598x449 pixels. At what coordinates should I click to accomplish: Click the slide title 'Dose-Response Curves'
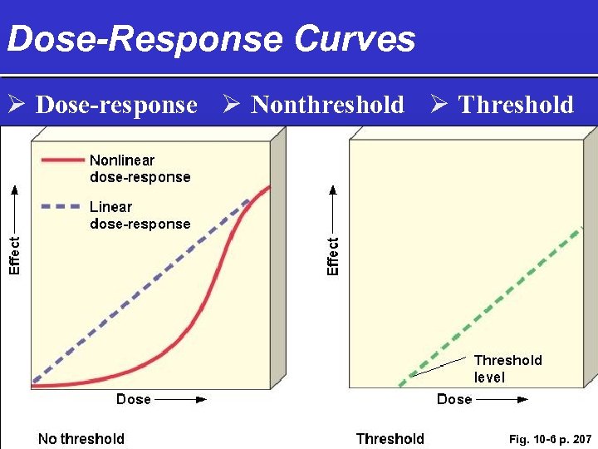211,39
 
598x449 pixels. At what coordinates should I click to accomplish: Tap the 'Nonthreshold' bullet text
327,105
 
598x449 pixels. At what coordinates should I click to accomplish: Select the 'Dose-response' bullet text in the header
117,105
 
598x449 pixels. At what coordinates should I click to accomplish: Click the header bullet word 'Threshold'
516,105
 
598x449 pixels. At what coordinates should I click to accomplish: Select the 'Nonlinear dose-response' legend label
140,169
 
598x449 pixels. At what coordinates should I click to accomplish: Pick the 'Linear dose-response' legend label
140,215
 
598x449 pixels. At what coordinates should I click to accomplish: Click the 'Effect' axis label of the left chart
14,254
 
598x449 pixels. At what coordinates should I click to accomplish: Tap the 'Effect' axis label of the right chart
333,256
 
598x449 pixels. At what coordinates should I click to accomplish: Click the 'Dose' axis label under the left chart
134,399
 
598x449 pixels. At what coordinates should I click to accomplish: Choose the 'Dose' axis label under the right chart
454,399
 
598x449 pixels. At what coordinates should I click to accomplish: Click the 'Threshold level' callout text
507,368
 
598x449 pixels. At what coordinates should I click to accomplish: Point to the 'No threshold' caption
81,439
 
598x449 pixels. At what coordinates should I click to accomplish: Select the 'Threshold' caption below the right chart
390,439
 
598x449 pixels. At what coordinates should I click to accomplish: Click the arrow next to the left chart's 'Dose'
180,400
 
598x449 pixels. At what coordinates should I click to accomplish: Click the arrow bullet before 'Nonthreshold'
232,105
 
